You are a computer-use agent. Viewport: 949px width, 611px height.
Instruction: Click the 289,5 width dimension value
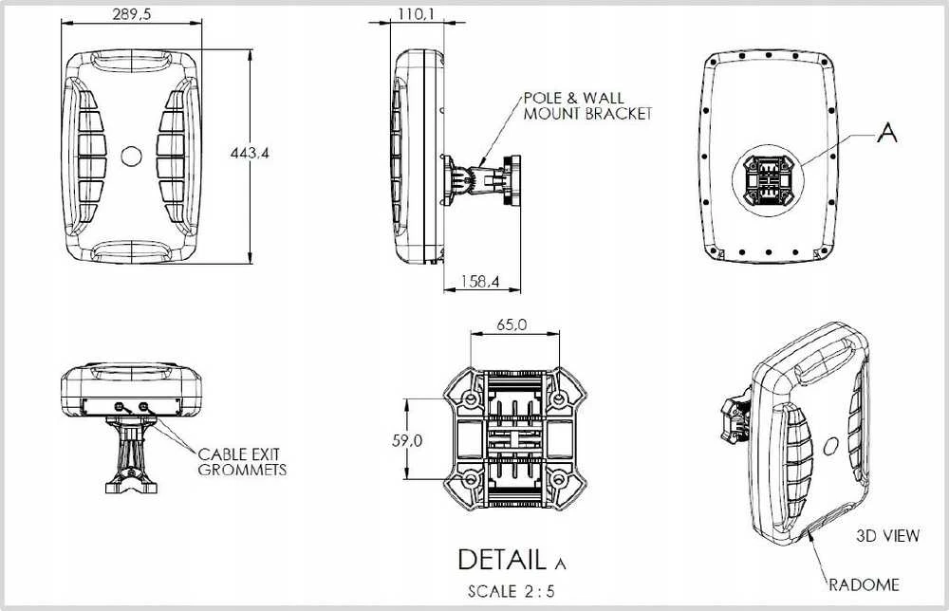pos(131,14)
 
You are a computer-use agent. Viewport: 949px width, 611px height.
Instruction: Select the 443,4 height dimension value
pos(250,153)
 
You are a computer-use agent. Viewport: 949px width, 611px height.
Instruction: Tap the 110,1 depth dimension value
pos(416,13)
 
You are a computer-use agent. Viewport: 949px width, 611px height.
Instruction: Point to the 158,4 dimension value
pos(480,281)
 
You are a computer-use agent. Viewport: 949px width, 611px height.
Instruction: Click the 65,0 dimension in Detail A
pos(512,324)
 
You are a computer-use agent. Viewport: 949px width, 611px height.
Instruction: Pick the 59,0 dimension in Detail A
pos(407,440)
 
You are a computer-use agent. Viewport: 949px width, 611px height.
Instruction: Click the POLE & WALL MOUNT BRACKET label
pos(587,106)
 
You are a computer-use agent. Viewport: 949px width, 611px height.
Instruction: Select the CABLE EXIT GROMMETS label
pos(242,462)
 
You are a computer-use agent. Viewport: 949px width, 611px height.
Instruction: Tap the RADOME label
pos(864,585)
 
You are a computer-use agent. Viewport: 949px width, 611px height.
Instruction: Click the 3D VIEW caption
pos(888,535)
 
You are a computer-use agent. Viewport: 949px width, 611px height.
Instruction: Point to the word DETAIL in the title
pos(502,560)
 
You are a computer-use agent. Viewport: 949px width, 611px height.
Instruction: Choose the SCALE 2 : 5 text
pos(511,591)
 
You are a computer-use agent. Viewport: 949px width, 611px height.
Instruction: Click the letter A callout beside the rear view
pos(886,133)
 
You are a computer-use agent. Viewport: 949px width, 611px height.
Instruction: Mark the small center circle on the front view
pos(131,157)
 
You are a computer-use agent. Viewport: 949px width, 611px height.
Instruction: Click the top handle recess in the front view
pos(131,61)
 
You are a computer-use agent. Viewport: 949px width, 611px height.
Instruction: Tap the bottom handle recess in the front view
pos(131,250)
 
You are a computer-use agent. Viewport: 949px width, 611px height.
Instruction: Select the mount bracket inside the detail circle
pos(768,180)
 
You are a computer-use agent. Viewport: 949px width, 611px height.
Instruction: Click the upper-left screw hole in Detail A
pos(471,398)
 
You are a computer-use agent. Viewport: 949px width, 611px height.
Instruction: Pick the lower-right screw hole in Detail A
pos(559,480)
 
